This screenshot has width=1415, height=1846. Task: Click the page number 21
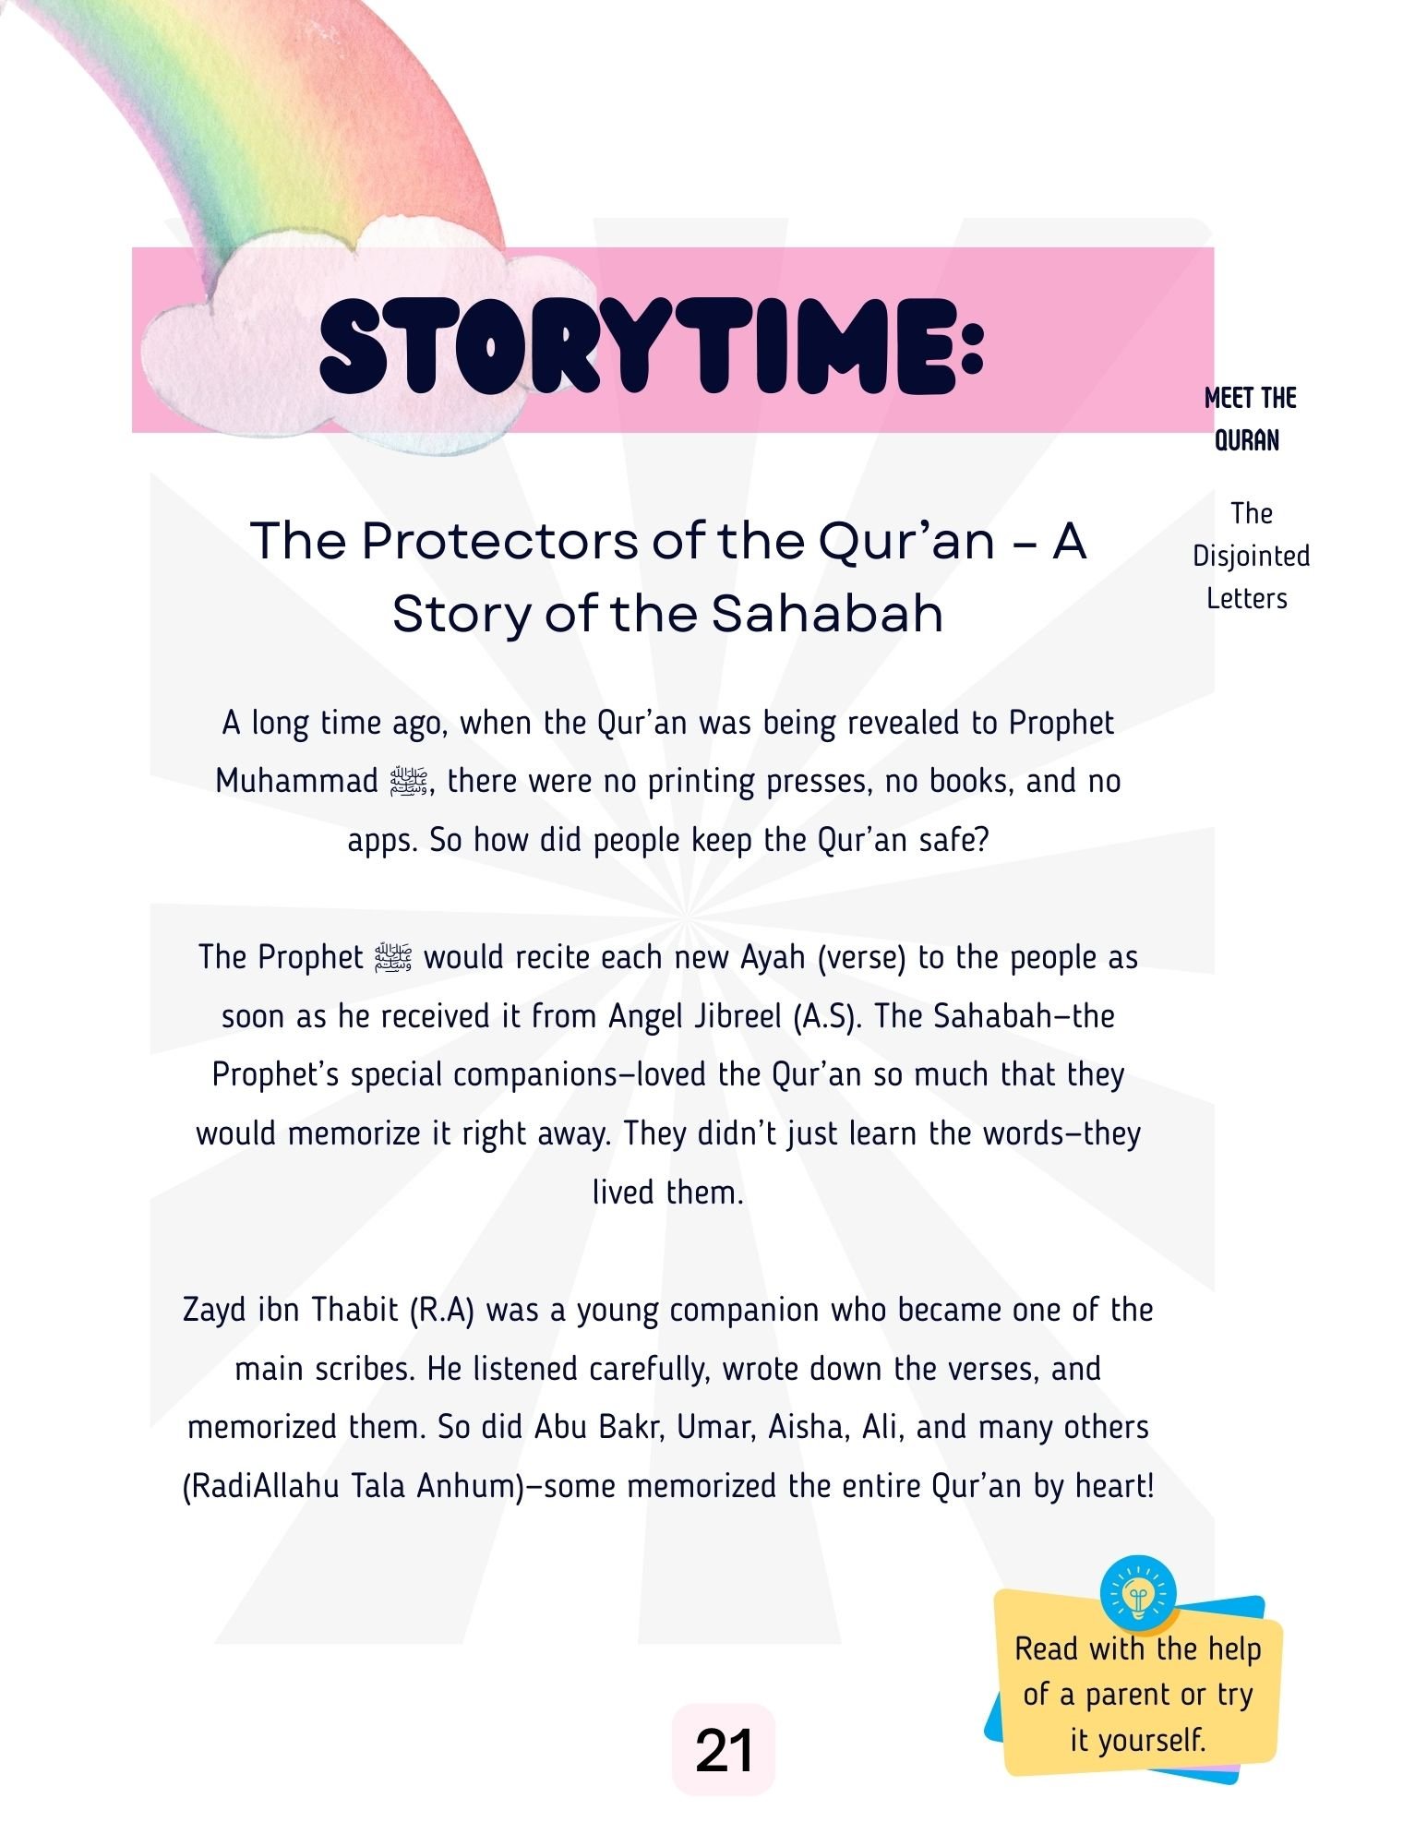[x=724, y=1750]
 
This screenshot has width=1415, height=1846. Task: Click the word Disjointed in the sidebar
[x=1251, y=556]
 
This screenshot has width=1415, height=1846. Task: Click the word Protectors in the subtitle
[x=498, y=541]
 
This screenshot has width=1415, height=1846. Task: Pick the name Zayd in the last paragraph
[x=214, y=1310]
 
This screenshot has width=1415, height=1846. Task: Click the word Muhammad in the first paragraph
[x=296, y=781]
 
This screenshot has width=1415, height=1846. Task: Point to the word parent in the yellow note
[x=1132, y=1695]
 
